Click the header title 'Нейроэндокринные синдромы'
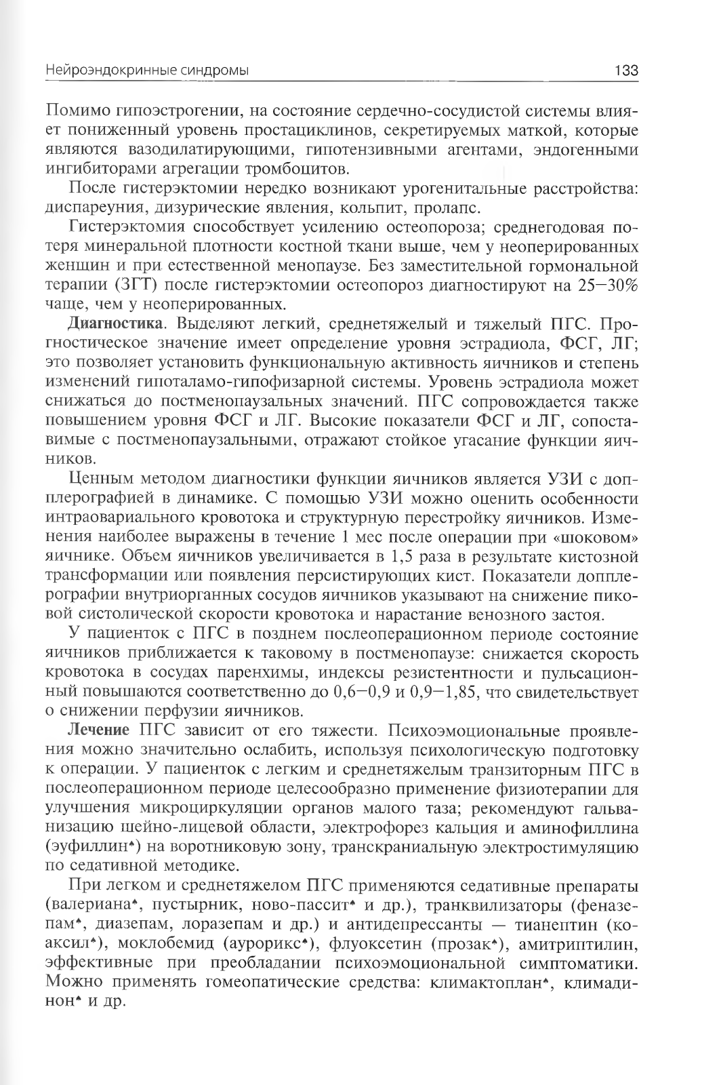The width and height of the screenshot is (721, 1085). point(146,70)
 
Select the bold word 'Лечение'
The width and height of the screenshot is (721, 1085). point(98,732)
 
